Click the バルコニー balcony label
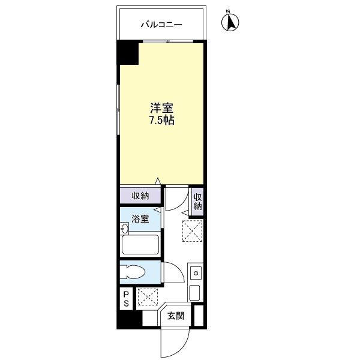coord(161,25)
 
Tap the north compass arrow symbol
coord(230,22)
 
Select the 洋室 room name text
coord(161,108)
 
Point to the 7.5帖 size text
coord(162,120)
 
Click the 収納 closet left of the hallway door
coord(140,196)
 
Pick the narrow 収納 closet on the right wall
coord(197,202)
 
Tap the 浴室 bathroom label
coord(140,219)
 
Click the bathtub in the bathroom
coord(140,245)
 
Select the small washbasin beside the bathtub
coord(124,229)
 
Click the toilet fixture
coord(133,272)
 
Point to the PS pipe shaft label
coord(126,299)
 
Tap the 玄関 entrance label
coord(176,316)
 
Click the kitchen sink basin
coord(194,293)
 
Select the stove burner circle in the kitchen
coord(196,273)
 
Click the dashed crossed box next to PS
coord(147,297)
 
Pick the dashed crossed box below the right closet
coord(193,231)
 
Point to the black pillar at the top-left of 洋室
coord(128,53)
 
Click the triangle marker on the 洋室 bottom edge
coord(157,181)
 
